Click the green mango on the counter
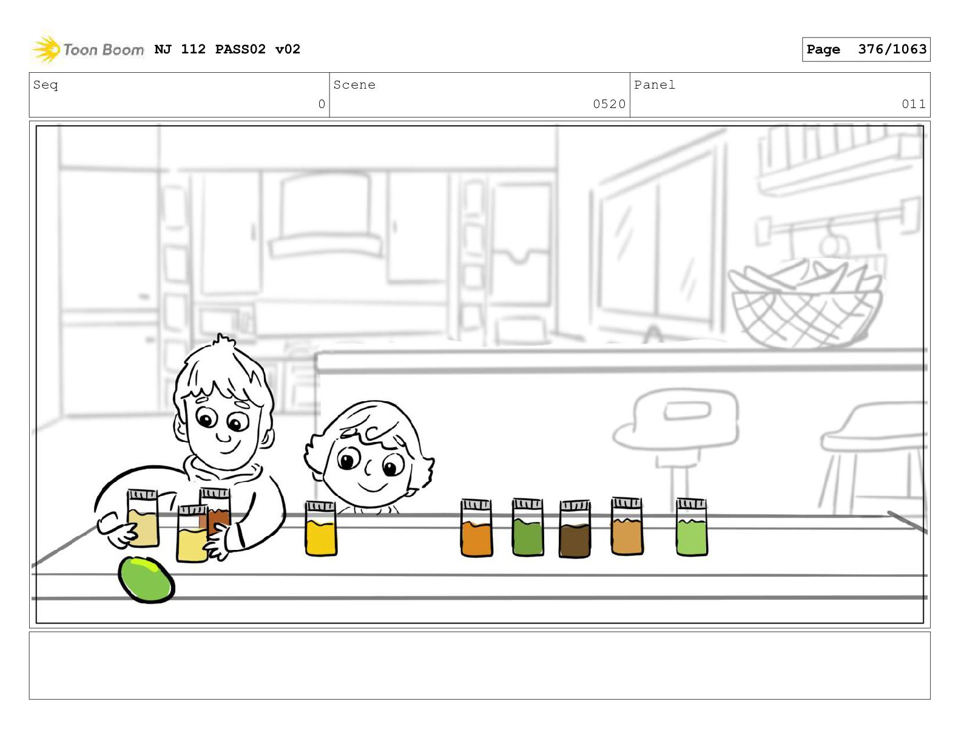(x=146, y=580)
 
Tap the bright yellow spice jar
(x=320, y=528)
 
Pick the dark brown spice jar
(x=575, y=529)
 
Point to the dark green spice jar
(x=528, y=527)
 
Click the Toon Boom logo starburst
(x=46, y=49)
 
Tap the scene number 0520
(x=609, y=104)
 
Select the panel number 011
(x=913, y=104)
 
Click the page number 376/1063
(x=892, y=49)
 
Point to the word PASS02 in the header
(x=240, y=49)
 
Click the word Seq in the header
(x=46, y=84)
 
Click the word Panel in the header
(x=655, y=84)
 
